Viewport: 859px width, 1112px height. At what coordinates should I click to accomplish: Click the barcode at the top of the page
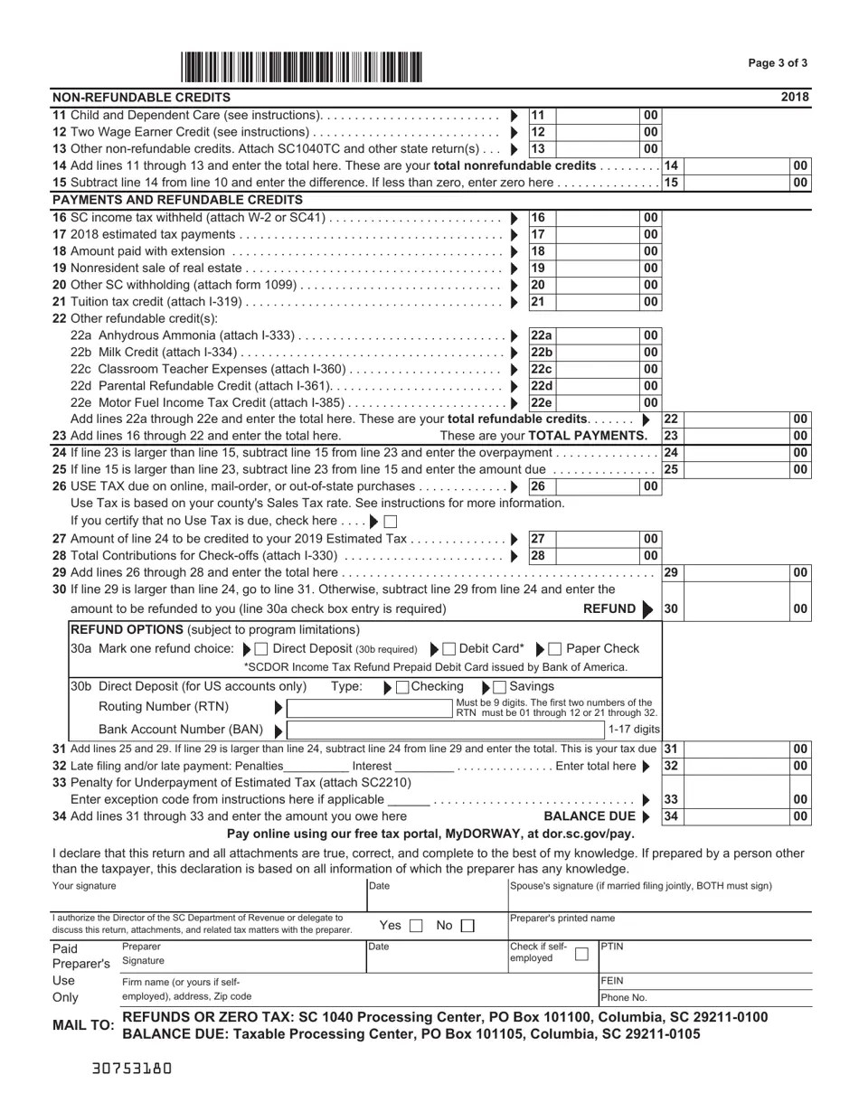point(301,68)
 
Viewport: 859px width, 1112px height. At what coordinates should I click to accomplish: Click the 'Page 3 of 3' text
point(778,63)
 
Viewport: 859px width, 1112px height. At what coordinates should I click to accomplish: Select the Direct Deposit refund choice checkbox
point(261,649)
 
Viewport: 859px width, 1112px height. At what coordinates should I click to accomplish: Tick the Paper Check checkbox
point(555,649)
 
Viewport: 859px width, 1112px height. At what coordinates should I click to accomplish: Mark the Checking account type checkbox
point(402,687)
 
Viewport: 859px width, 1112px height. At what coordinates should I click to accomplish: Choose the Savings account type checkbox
point(500,687)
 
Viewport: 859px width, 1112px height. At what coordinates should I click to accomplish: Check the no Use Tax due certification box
point(391,522)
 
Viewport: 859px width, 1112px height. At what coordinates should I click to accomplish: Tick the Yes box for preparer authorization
point(415,926)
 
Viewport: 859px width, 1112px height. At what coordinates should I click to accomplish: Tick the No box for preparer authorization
point(467,926)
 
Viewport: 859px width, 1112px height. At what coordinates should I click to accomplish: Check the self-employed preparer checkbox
point(581,954)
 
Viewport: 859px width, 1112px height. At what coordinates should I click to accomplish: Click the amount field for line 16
point(596,218)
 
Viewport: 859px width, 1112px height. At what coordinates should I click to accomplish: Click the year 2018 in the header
point(795,98)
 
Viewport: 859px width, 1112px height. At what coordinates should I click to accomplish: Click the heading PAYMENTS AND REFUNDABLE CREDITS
point(177,200)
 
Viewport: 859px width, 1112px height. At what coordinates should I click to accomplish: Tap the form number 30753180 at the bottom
point(132,1068)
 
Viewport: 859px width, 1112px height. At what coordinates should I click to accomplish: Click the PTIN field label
point(613,947)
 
